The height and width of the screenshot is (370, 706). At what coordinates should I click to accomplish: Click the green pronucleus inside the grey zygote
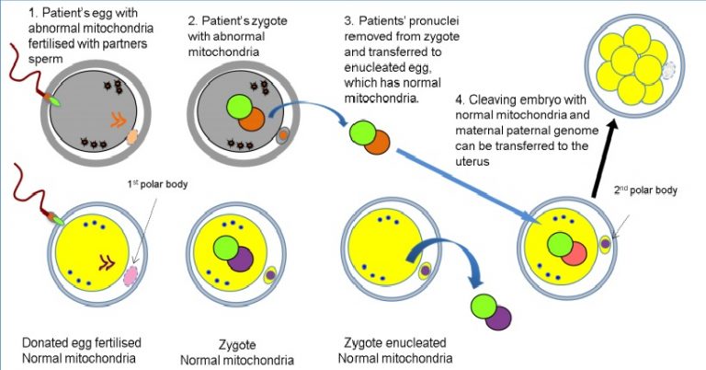pos(235,104)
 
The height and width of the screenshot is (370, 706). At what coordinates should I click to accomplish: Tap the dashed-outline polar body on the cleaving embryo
pos(670,69)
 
